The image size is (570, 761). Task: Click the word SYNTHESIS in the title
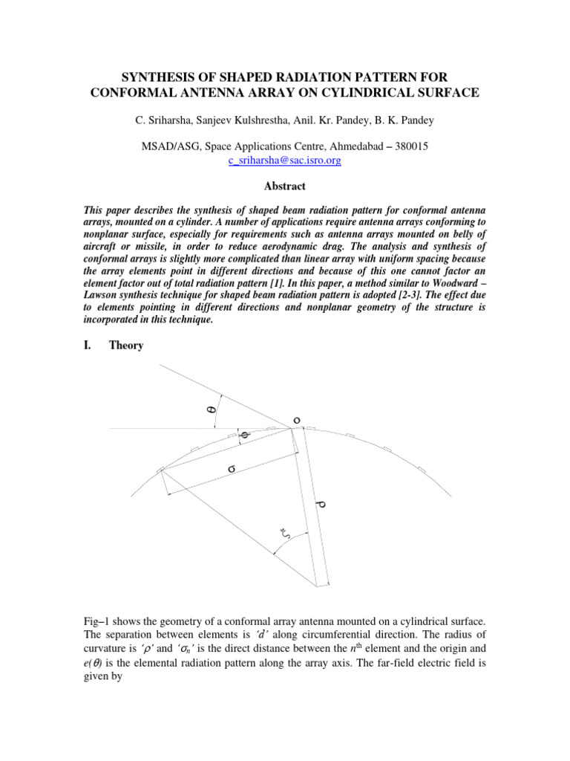[155, 78]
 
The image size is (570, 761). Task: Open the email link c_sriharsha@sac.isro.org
[285, 160]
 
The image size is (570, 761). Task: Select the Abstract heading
[285, 187]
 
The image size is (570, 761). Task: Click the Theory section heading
[125, 346]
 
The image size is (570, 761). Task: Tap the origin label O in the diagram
[297, 421]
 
